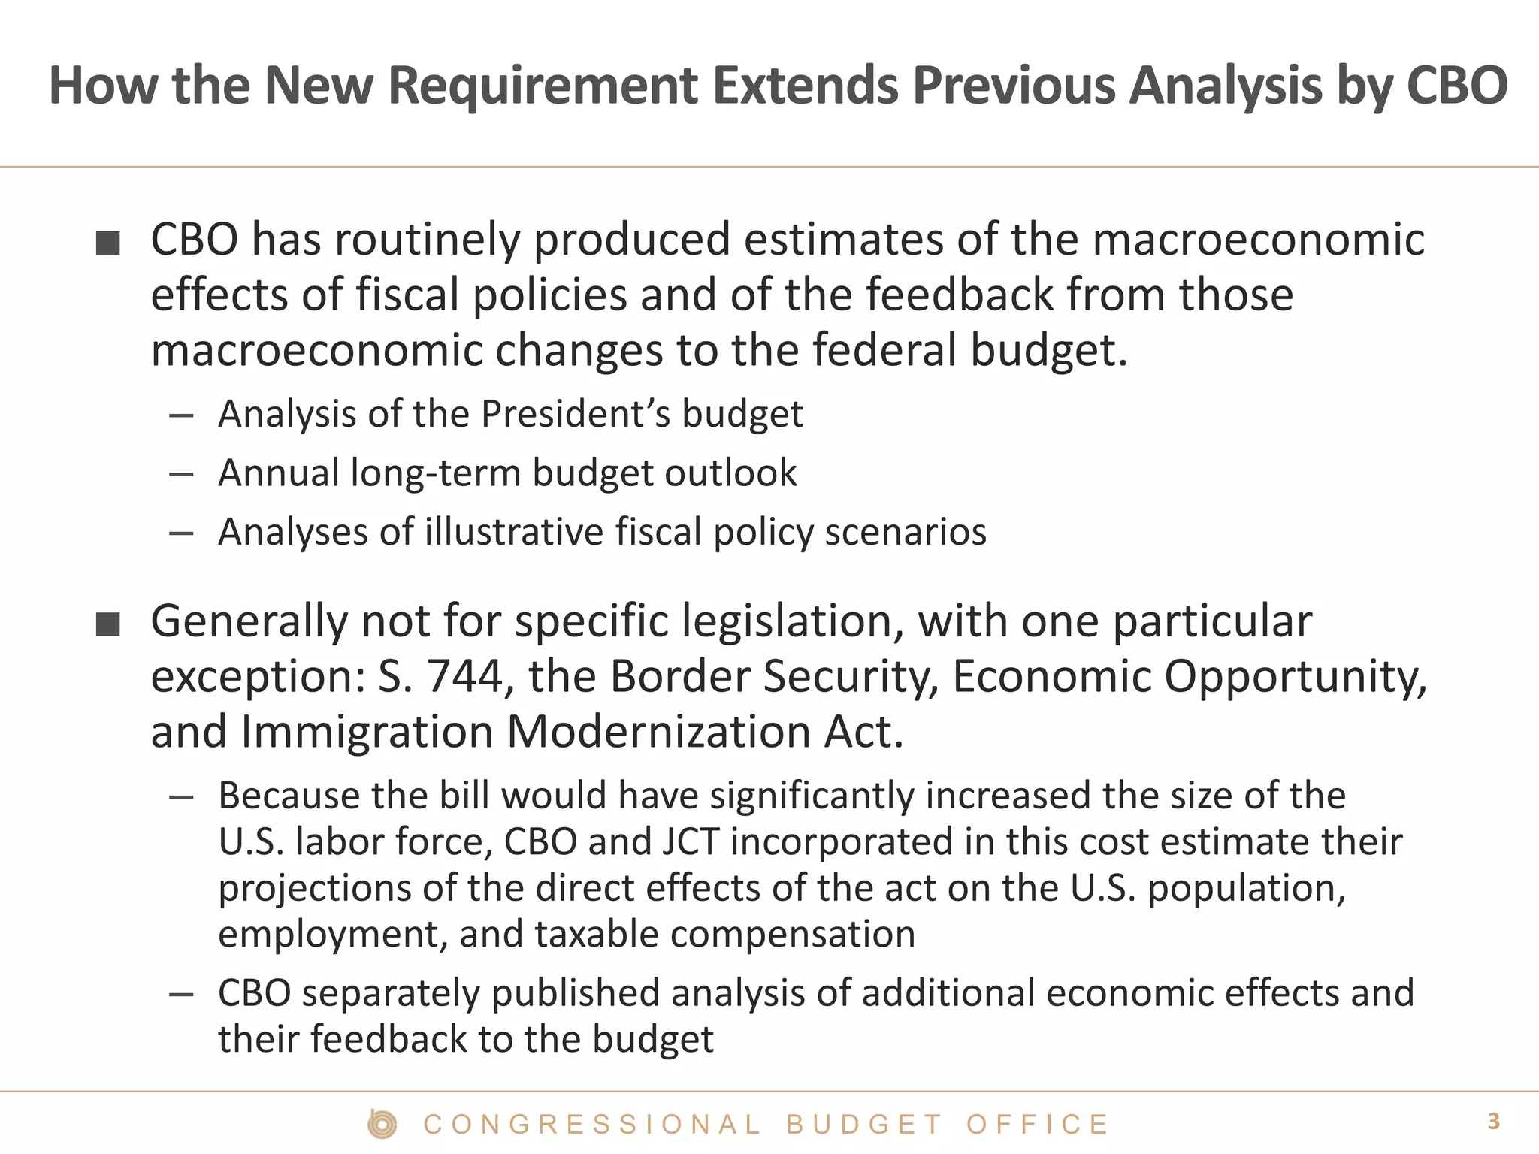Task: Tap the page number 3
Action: point(1493,1122)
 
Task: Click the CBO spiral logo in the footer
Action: point(382,1125)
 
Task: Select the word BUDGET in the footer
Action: point(864,1125)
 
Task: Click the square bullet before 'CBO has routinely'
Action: point(108,243)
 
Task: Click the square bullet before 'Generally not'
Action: point(108,624)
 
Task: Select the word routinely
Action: point(427,240)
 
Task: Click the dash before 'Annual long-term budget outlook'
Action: point(182,474)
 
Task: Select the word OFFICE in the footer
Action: point(1037,1125)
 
